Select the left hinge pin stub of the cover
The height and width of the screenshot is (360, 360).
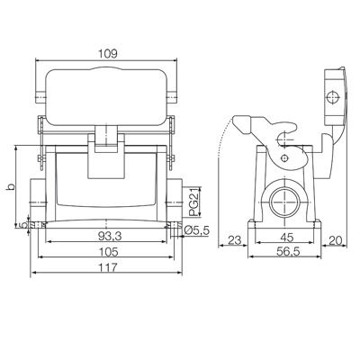(x=37, y=94)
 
